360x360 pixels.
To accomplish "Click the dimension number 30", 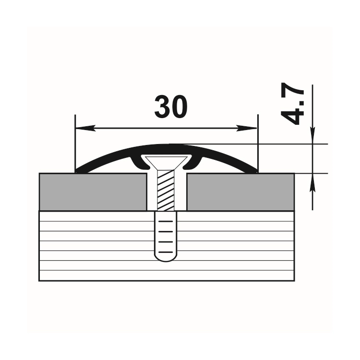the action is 171,107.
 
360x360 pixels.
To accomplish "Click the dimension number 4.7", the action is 292,103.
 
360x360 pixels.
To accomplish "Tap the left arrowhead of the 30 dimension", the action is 85,128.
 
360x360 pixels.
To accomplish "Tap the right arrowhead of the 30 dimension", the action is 247,128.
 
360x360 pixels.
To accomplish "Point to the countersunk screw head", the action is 166,162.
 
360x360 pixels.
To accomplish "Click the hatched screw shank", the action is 166,191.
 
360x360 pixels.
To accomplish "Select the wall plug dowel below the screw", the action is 166,237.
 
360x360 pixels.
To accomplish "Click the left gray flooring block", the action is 93,192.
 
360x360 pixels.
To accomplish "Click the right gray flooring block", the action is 240,192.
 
